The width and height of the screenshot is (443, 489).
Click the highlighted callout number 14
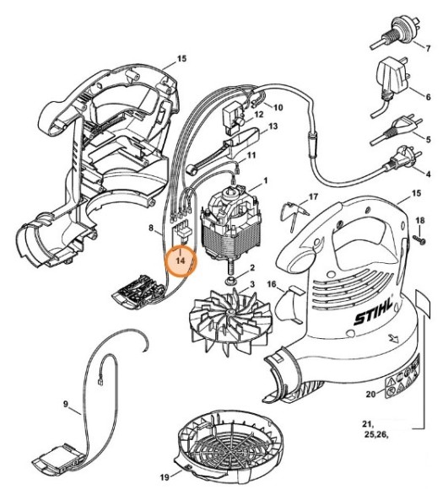pyautogui.click(x=181, y=261)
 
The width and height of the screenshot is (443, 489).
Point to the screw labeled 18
pyautogui.click(x=419, y=239)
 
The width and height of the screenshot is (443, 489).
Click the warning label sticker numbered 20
pyautogui.click(x=403, y=378)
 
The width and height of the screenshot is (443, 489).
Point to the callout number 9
pyautogui.click(x=66, y=404)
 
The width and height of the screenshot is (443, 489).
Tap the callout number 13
pyautogui.click(x=273, y=126)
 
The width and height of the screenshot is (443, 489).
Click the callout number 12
pyautogui.click(x=259, y=115)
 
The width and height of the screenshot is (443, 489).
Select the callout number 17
pyautogui.click(x=313, y=196)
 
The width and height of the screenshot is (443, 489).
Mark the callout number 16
pyautogui.click(x=272, y=284)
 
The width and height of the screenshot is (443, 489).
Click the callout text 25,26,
pyautogui.click(x=376, y=435)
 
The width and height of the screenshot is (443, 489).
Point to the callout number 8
pyautogui.click(x=151, y=228)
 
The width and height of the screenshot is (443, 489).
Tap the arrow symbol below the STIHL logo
pyautogui.click(x=393, y=338)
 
